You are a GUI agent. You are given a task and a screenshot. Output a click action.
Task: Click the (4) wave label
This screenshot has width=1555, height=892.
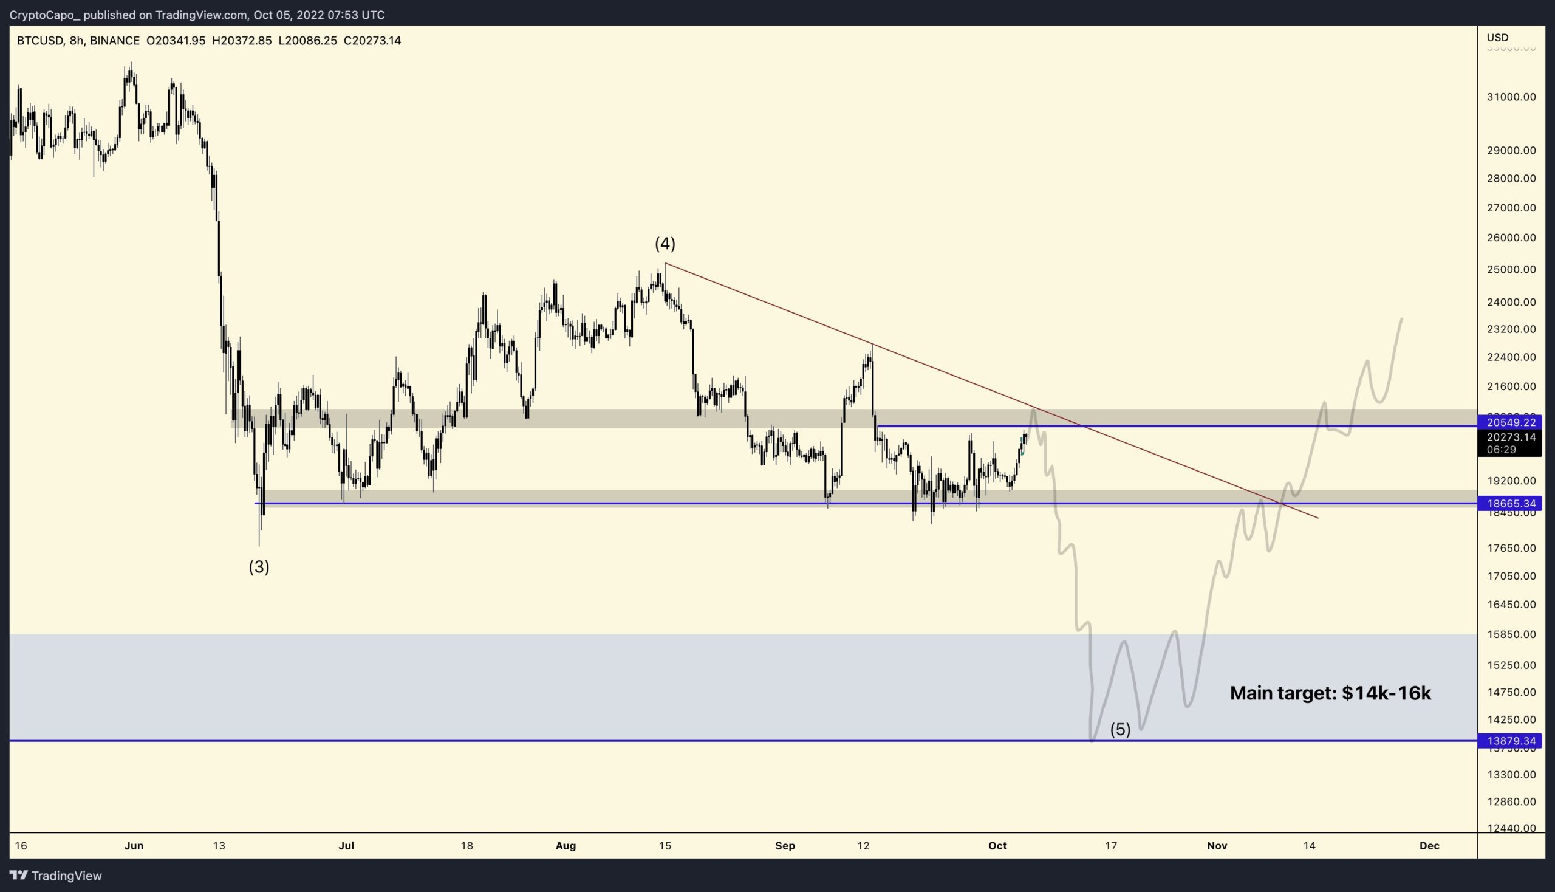[665, 244]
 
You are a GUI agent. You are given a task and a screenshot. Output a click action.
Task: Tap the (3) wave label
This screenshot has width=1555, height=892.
[258, 567]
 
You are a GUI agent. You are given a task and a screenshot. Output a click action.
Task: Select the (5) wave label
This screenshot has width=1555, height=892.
[1120, 729]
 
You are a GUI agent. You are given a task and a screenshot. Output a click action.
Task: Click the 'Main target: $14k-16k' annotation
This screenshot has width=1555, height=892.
[1330, 693]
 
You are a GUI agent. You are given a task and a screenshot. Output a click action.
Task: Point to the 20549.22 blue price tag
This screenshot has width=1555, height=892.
[1510, 423]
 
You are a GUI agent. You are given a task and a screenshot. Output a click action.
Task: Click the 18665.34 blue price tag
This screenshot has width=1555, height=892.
[1510, 504]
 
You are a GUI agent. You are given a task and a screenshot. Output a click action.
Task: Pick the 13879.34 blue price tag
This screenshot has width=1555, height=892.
[1510, 741]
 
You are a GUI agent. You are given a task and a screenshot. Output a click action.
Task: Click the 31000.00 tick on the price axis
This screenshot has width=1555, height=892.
[1511, 97]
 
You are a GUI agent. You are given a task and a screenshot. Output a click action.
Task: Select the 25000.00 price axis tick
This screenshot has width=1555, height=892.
[1511, 270]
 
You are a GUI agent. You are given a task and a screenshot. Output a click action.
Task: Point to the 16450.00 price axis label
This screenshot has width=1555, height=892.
[1511, 605]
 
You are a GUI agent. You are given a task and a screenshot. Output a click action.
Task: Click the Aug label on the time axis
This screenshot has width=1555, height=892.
[566, 846]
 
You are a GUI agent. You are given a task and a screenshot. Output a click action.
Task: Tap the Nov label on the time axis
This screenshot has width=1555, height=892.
[1216, 846]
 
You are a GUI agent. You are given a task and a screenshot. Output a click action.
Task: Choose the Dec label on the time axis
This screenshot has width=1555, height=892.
[1429, 846]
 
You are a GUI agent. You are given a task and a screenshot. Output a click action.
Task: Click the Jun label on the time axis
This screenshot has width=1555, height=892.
[134, 846]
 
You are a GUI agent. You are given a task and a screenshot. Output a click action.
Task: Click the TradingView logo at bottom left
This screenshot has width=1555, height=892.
[56, 876]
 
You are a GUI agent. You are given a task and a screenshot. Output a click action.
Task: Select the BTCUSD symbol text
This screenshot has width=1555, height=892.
[40, 41]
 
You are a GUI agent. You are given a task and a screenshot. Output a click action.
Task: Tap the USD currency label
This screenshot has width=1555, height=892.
[1497, 38]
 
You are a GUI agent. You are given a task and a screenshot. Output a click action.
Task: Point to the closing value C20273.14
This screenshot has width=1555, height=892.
[372, 41]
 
